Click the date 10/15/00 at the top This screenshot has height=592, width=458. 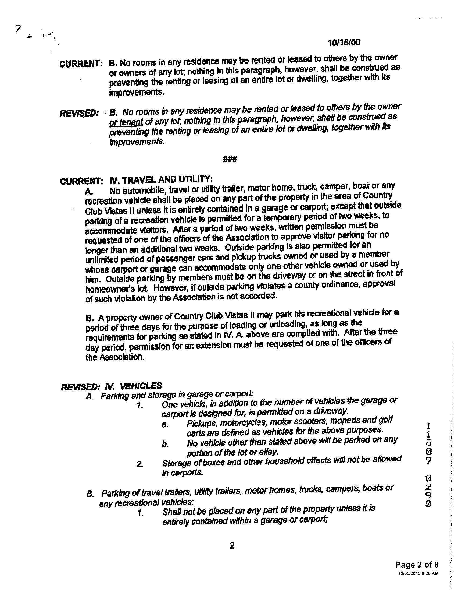coord(344,43)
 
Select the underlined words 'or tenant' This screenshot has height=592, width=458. coord(126,122)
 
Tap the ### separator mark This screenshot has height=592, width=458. coord(230,159)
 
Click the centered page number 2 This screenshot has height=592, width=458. coord(232,545)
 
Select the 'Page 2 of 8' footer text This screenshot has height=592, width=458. coord(417,565)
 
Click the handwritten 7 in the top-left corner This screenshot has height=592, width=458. coord(18,29)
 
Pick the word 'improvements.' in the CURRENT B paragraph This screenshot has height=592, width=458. coord(137,92)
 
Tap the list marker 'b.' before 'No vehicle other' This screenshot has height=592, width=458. coord(165,444)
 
